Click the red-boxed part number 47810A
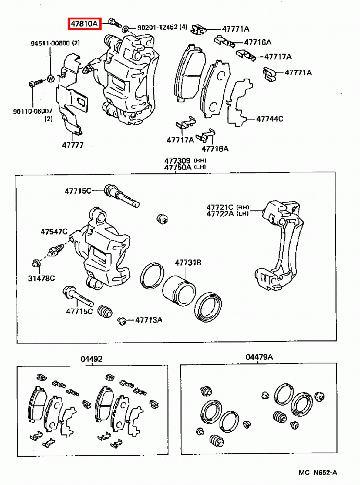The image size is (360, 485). (x=84, y=24)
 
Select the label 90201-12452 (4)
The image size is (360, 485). (x=162, y=28)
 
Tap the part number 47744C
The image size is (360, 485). (x=270, y=119)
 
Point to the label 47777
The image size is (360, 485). (x=73, y=145)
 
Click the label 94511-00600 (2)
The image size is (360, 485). (x=55, y=43)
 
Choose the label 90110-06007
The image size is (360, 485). (x=32, y=112)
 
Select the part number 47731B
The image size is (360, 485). (x=188, y=263)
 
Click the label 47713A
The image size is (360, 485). (x=149, y=320)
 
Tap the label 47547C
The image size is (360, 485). (x=54, y=232)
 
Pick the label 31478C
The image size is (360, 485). (x=42, y=278)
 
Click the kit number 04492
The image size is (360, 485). (x=91, y=359)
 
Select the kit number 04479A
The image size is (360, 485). (x=259, y=357)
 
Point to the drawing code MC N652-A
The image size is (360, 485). (x=318, y=473)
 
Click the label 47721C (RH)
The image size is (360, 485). (x=227, y=207)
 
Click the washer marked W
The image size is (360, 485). (x=50, y=79)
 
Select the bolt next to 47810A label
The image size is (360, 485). (x=114, y=22)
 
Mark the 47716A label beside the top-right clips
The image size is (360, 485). (x=257, y=42)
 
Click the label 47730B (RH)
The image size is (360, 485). (x=185, y=161)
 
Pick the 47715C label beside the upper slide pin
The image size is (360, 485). (x=78, y=191)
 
